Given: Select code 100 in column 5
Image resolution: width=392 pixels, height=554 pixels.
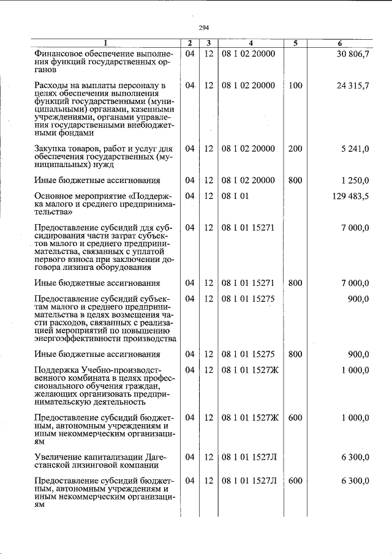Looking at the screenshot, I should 295,86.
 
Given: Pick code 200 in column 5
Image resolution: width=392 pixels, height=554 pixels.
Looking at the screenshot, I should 295,149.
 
